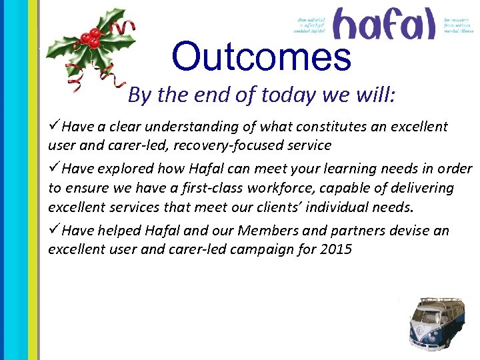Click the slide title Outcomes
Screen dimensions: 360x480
click(x=261, y=57)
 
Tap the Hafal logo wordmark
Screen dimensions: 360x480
click(x=383, y=24)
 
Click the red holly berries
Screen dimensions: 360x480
click(x=92, y=38)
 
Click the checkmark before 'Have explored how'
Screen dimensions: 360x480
click(x=55, y=168)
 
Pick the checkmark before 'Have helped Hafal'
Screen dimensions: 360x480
click(x=55, y=231)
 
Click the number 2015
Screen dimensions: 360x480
click(x=336, y=250)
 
